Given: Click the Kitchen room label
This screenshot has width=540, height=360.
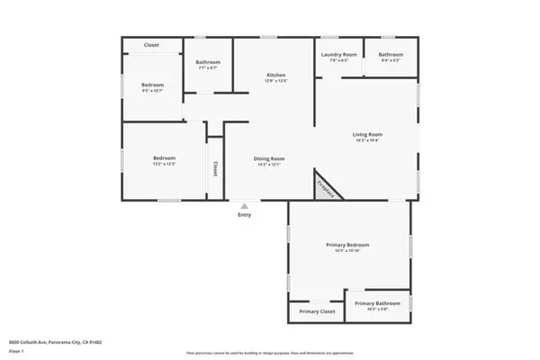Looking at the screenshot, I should [x=276, y=74].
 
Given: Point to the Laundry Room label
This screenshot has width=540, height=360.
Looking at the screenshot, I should [x=338, y=55].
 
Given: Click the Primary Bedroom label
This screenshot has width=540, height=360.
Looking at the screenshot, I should [x=347, y=245].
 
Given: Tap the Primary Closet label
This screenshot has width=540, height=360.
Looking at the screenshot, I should [x=317, y=311].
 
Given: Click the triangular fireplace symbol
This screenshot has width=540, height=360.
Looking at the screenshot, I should [x=325, y=187].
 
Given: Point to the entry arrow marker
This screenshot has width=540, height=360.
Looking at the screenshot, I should [x=245, y=205].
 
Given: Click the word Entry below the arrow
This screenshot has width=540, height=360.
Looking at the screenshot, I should [x=245, y=215].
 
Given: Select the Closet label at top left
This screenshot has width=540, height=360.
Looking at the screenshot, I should [x=152, y=45].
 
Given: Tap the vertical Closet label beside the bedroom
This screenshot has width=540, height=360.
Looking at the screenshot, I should [x=215, y=168].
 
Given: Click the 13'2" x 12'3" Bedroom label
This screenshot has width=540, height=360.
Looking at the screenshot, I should [x=164, y=159].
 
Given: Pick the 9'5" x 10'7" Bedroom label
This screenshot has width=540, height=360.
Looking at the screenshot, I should [x=152, y=85].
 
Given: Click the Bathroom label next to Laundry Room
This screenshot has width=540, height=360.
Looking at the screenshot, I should [x=391, y=55].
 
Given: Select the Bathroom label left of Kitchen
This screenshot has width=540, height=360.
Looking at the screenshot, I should [x=209, y=62].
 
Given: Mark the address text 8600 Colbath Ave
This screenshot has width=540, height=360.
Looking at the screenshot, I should [x=55, y=342].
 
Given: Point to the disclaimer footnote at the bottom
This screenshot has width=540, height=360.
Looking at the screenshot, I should [x=269, y=353].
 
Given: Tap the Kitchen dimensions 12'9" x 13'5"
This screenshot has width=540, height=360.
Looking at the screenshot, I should [x=276, y=80].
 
